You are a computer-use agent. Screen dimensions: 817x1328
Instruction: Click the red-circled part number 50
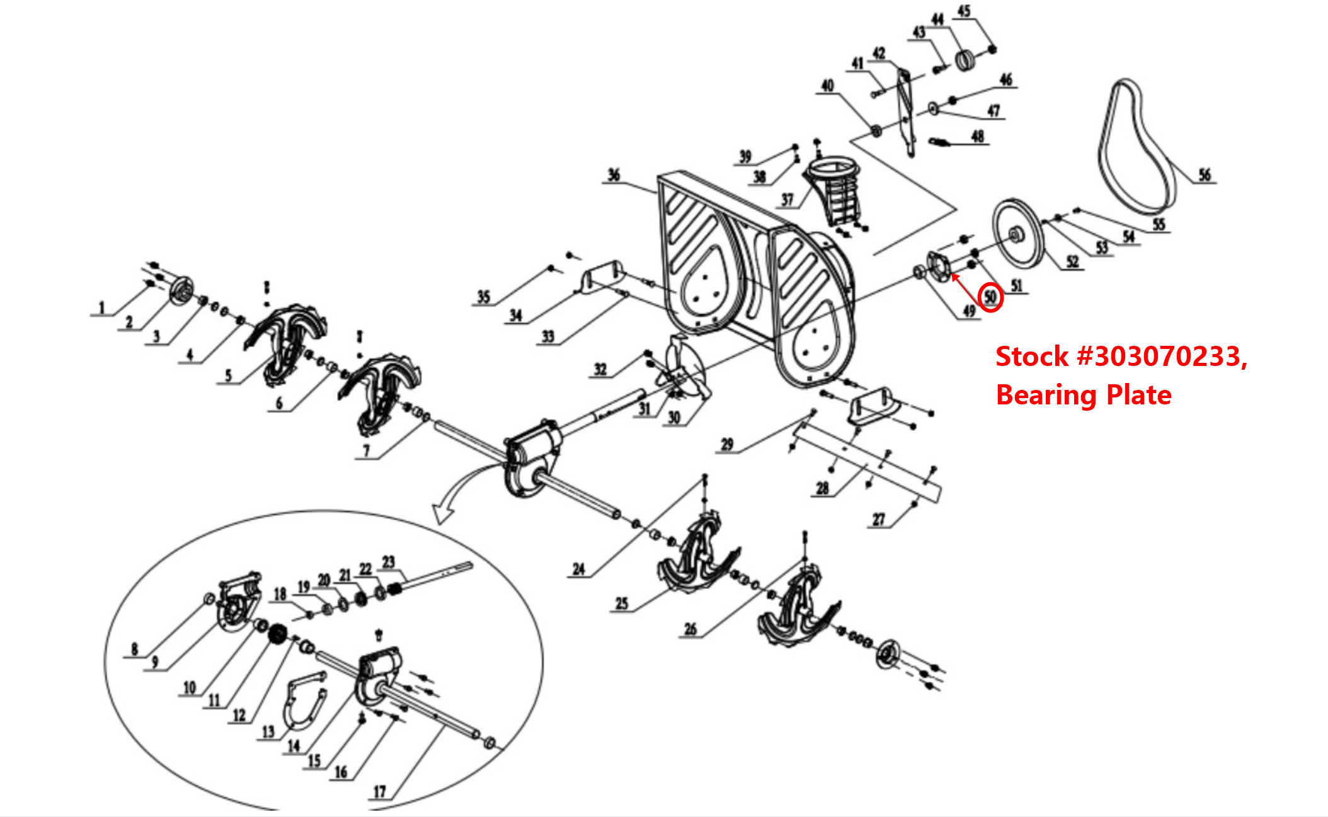990,297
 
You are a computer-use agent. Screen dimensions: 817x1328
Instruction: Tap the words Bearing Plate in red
1084,395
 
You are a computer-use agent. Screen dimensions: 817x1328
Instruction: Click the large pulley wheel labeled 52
1017,235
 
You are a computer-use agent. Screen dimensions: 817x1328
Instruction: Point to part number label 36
614,174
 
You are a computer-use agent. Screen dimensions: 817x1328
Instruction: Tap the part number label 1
101,307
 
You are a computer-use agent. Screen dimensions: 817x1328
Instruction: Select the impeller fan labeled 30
684,372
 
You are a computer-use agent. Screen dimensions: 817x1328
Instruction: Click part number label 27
879,519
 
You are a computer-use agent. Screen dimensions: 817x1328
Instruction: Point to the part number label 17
379,791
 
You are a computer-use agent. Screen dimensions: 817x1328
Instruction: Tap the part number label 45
964,11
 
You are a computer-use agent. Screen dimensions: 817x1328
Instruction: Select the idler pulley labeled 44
965,60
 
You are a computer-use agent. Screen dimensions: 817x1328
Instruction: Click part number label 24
578,569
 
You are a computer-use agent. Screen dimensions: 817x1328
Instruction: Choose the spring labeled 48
939,142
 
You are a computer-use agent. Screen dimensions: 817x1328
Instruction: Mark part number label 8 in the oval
134,649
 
